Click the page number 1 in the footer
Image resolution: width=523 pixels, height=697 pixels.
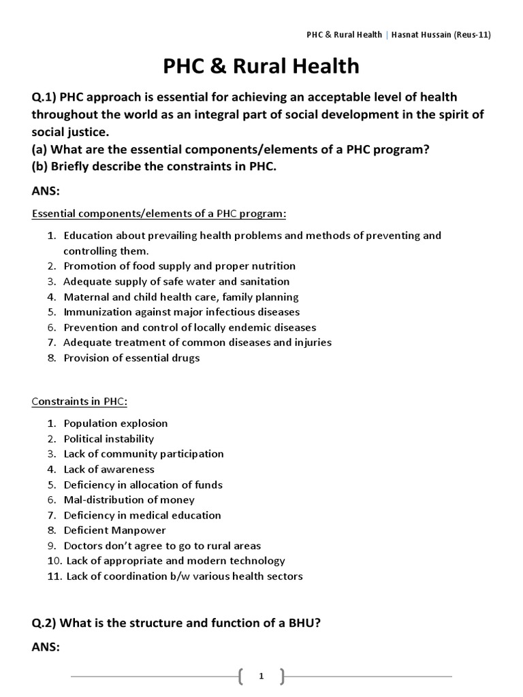[x=261, y=676]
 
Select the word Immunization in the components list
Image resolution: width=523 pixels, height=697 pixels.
[x=96, y=312]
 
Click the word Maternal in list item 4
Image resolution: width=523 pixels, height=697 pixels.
[x=86, y=297]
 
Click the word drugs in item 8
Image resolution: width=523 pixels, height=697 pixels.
[x=185, y=357]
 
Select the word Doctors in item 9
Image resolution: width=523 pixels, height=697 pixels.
[x=84, y=545]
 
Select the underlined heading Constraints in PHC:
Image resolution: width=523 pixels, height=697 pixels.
[x=80, y=401]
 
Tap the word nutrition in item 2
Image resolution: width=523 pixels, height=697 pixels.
[x=268, y=266]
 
